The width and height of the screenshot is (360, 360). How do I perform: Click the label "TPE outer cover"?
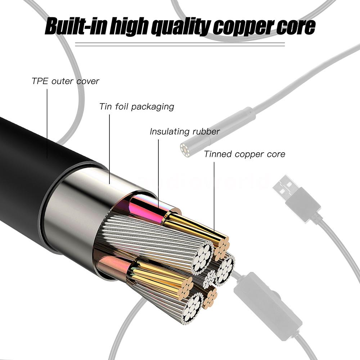pos(65,81)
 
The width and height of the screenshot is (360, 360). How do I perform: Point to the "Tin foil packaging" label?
pos(136,107)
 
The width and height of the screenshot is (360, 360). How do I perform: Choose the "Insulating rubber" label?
pos(185,132)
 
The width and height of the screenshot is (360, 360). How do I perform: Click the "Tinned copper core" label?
pos(244,154)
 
